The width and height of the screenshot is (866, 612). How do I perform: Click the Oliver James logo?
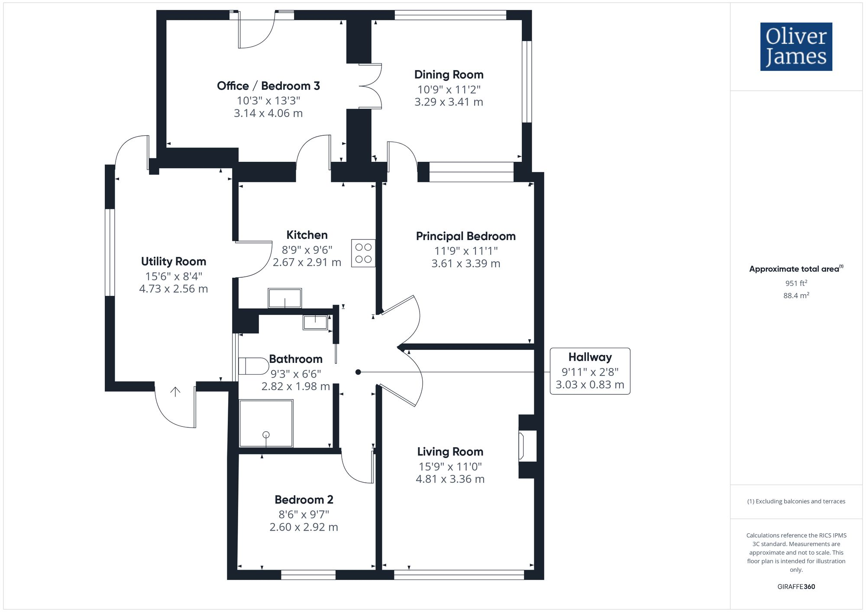pos(796,47)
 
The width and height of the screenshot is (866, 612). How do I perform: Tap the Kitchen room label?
pos(307,235)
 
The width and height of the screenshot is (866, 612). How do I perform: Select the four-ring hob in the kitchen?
pos(363,253)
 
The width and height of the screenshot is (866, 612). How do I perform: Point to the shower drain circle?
pos(266,435)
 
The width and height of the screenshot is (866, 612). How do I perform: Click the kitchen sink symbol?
pos(285,298)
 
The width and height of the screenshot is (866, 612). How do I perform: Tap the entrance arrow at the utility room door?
pos(175,392)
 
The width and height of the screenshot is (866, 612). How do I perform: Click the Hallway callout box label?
pos(590,357)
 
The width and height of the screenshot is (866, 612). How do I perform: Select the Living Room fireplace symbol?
pos(527,446)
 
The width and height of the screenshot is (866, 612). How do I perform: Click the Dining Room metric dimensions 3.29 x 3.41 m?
pos(449,102)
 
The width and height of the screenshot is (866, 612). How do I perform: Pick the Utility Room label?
pos(174,261)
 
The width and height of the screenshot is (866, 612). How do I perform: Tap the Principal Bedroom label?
pos(466,236)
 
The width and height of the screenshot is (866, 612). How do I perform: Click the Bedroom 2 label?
pos(304,500)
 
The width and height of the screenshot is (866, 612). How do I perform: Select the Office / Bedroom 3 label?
pos(268,86)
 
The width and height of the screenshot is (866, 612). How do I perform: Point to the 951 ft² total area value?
pos(796,283)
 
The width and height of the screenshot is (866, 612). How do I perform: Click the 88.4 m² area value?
pos(796,296)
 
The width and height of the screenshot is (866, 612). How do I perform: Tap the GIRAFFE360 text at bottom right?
pos(796,587)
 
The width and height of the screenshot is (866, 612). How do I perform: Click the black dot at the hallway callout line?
pos(358,372)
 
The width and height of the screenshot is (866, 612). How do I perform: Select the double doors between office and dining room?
pos(371,86)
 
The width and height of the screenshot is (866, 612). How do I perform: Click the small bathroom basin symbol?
pos(315,322)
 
